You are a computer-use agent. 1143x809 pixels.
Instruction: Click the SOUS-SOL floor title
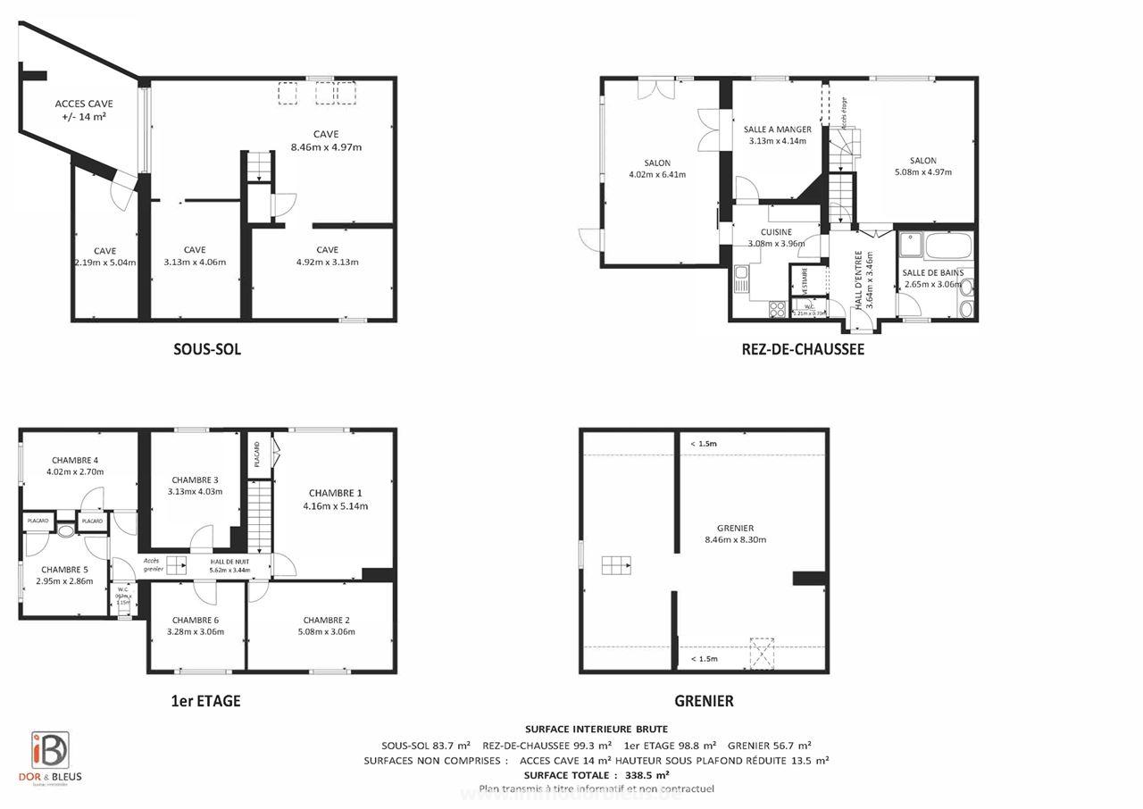coord(207,349)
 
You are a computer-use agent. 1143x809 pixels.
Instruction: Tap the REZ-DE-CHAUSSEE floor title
coord(803,349)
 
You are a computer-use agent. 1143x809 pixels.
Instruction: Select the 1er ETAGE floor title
coord(205,701)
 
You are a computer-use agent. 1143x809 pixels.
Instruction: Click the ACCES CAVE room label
coord(84,104)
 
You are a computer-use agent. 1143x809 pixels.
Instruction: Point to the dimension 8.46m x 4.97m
coord(326,147)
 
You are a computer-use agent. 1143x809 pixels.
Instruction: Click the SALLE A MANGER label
coord(777,129)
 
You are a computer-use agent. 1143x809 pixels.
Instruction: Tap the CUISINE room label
coord(776,232)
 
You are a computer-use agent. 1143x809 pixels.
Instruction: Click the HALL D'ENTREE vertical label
coord(858,279)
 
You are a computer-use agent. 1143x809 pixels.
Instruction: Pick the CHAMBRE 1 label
coord(335,493)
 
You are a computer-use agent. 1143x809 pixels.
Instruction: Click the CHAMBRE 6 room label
coord(196,620)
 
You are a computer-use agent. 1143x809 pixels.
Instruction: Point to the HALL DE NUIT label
coord(223,562)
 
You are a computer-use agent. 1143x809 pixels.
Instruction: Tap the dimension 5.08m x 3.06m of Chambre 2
coord(326,632)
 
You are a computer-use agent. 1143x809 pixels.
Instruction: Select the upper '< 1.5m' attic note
coord(704,444)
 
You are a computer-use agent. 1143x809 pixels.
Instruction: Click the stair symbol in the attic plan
coord(615,564)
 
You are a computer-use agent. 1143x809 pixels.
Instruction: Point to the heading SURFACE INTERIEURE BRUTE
coord(596,730)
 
